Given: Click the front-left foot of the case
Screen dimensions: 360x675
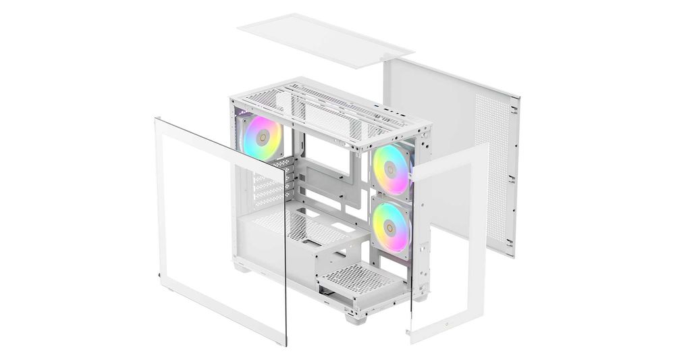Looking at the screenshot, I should coord(239,267).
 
